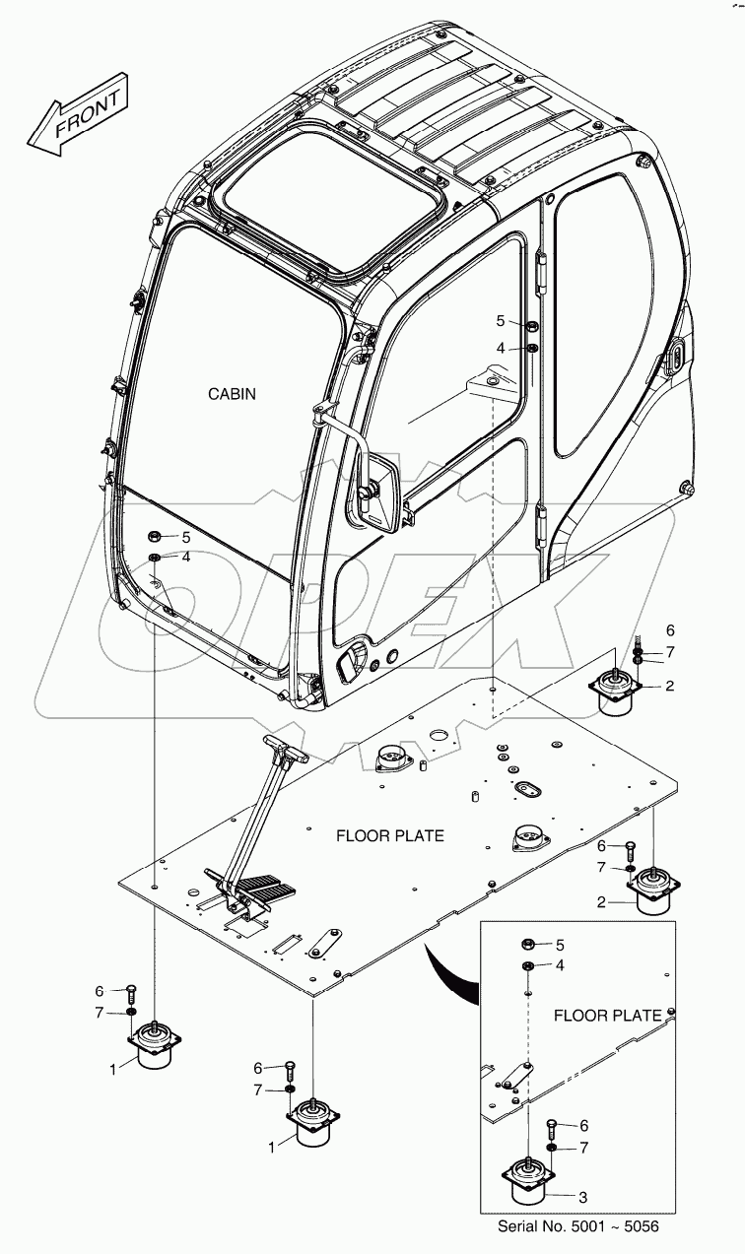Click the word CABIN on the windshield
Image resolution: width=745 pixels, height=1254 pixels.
coord(232,394)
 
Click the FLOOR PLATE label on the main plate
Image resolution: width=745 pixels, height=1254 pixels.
coord(389,836)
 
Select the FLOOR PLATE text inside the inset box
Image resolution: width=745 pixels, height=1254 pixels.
coord(607,1015)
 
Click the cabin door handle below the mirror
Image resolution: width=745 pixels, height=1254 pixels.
coord(349,665)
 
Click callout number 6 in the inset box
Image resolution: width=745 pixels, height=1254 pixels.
coord(584,1125)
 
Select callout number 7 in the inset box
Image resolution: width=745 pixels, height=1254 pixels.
coord(584,1149)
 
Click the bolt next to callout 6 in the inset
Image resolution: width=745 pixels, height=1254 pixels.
coord(551,1127)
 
